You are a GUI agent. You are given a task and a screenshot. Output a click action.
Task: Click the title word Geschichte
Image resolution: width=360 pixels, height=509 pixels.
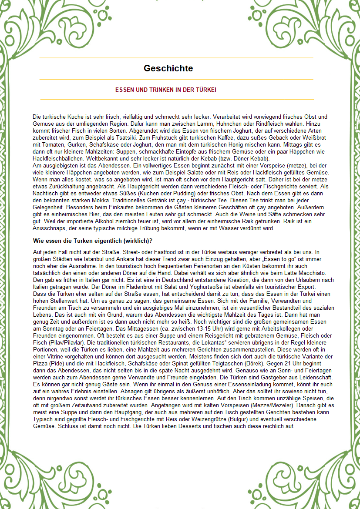pyautogui.click(x=168, y=68)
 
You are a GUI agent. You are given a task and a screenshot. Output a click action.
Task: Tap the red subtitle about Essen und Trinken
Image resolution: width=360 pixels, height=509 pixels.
pyautogui.click(x=166, y=90)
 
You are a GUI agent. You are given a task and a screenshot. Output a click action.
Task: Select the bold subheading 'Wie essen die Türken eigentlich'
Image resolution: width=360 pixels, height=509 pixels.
pyautogui.click(x=93, y=241)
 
